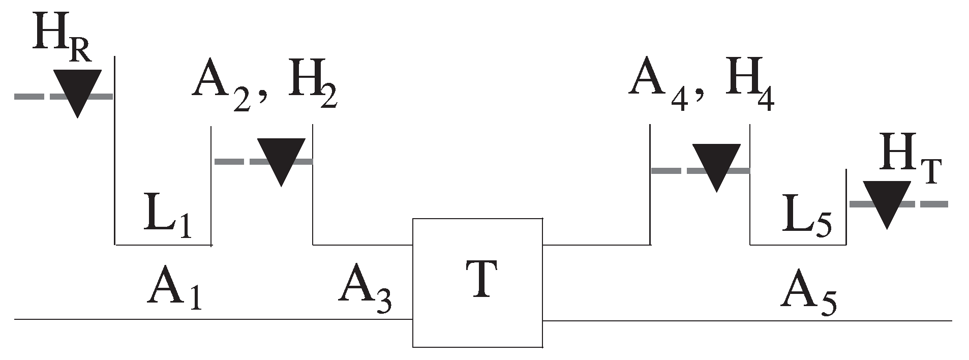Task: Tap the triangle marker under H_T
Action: [x=887, y=203]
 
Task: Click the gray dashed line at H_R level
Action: [x=31, y=96]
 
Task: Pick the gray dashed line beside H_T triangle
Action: [x=930, y=204]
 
